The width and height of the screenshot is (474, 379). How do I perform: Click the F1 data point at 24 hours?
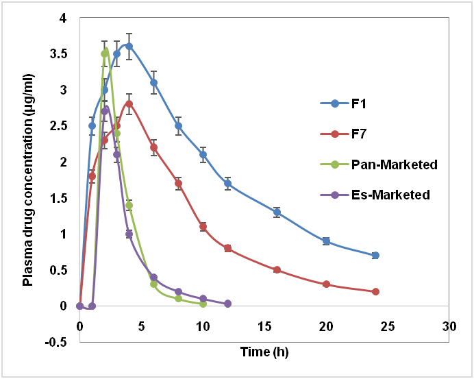375,256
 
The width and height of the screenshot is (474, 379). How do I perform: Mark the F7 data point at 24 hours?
375,291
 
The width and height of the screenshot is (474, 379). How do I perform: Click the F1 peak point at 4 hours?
129,47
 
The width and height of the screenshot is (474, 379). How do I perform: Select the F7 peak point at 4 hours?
129,104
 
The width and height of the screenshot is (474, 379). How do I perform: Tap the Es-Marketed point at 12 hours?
227,304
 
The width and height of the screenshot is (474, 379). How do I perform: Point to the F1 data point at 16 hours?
277,212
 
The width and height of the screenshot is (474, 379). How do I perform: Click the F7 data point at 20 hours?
326,284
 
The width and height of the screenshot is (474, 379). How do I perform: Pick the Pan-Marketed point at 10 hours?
203,304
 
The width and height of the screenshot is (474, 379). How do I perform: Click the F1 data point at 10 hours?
203,154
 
